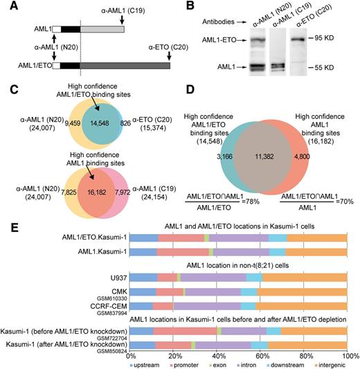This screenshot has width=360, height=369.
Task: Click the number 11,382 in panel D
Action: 262,157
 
